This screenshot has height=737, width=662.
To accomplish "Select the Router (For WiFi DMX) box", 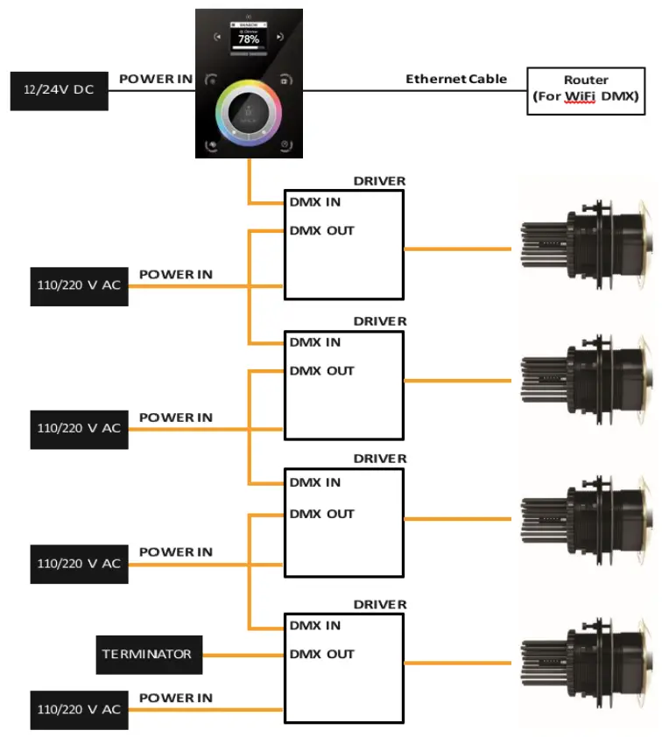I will pyautogui.click(x=586, y=90).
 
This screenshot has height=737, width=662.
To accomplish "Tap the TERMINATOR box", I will pyautogui.click(x=149, y=654).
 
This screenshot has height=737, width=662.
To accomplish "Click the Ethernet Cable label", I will pyautogui.click(x=455, y=79).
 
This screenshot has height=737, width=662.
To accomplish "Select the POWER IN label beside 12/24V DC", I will pyautogui.click(x=155, y=79).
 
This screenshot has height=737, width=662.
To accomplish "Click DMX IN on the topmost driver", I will pyautogui.click(x=315, y=201).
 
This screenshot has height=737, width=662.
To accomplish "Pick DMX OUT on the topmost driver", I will pyautogui.click(x=321, y=231).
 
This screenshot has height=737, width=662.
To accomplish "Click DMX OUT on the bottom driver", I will pyautogui.click(x=321, y=654).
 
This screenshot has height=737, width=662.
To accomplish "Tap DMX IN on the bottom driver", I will pyautogui.click(x=315, y=625).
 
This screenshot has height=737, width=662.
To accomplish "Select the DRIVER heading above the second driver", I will pyautogui.click(x=379, y=321).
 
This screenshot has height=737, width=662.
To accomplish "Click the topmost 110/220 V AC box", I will pyautogui.click(x=79, y=286).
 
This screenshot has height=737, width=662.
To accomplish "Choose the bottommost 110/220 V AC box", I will pyautogui.click(x=79, y=709).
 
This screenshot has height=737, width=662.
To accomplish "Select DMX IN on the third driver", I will pyautogui.click(x=315, y=482).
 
